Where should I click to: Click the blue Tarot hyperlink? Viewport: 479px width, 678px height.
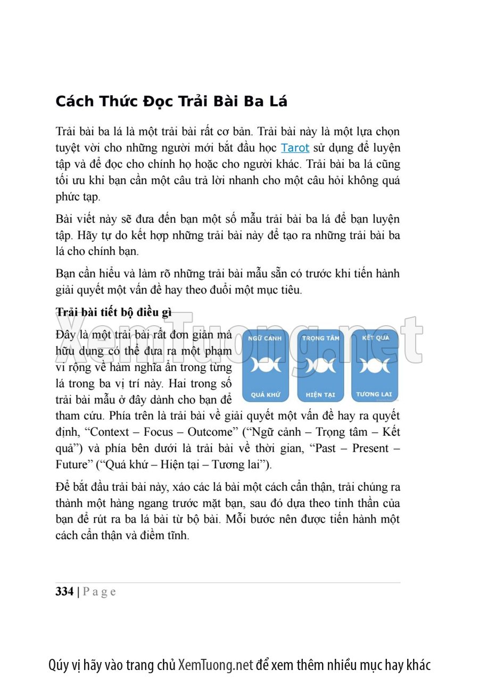click(295, 147)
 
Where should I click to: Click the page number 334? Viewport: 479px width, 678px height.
click(64, 592)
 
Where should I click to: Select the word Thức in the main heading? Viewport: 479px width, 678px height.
click(121, 101)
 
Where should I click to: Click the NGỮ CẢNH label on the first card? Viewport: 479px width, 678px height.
click(266, 338)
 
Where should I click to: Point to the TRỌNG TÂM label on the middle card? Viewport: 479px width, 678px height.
click(320, 338)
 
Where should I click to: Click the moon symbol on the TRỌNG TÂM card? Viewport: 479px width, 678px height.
click(320, 366)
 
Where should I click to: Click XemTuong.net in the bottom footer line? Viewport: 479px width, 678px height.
click(216, 665)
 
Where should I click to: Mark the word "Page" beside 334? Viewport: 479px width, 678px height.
click(100, 592)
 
